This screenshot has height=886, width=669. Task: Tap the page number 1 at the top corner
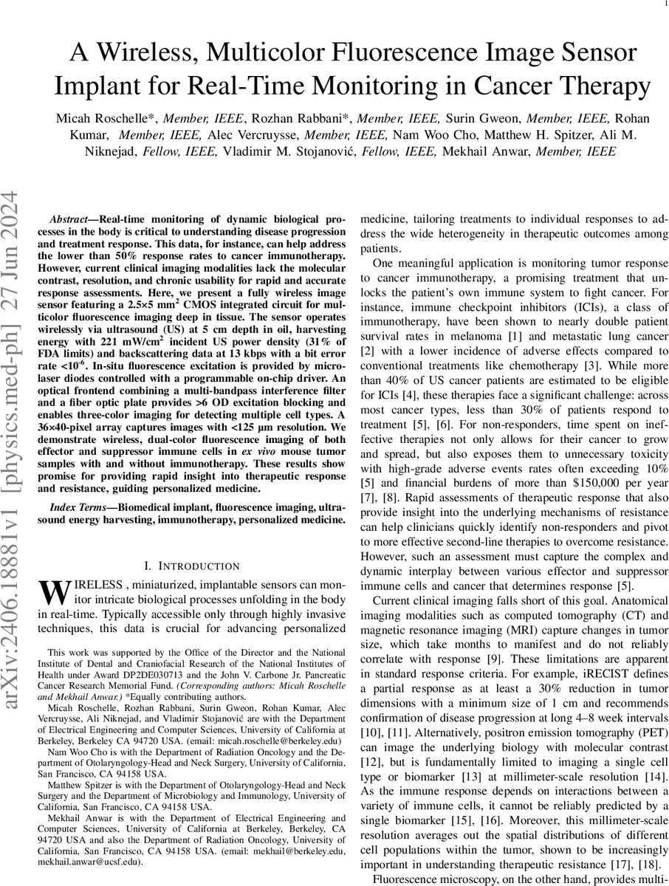pyautogui.click(x=656, y=4)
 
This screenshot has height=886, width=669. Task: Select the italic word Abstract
pyautogui.click(x=70, y=220)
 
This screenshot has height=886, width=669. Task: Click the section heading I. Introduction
pyautogui.click(x=191, y=566)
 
